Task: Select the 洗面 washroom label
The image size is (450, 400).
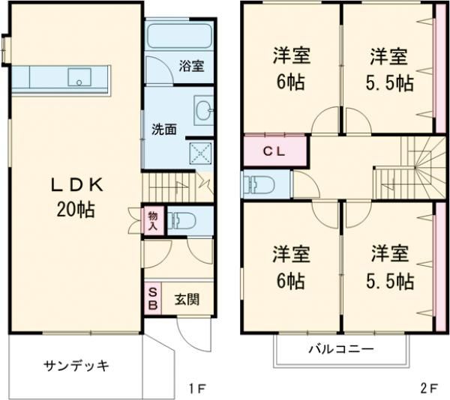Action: click(164, 128)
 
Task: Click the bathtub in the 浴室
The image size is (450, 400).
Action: click(178, 36)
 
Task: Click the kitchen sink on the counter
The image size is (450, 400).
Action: click(78, 76)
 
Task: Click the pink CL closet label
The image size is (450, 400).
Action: click(274, 150)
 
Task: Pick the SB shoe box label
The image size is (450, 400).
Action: click(152, 299)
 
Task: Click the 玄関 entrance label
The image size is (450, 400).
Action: click(187, 300)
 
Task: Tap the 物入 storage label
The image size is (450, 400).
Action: click(152, 220)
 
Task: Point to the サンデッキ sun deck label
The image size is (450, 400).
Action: click(76, 366)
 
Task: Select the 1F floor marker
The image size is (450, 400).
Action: click(197, 388)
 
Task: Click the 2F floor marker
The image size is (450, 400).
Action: click(428, 388)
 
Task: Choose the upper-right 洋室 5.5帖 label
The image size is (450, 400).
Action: click(389, 68)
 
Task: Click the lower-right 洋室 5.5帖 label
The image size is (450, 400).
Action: click(389, 266)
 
